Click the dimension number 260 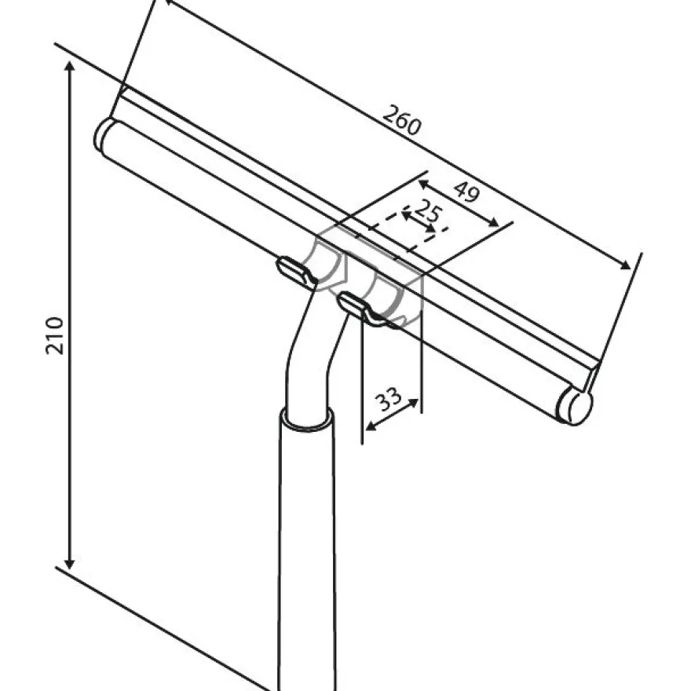pyautogui.click(x=401, y=120)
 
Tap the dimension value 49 pyautogui.click(x=466, y=192)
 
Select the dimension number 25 pyautogui.click(x=427, y=210)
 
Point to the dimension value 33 pyautogui.click(x=388, y=399)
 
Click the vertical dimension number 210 pyautogui.click(x=55, y=335)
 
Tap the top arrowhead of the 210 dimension pyautogui.click(x=69, y=67)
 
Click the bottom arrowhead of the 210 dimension pyautogui.click(x=69, y=564)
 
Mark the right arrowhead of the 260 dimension pyautogui.click(x=626, y=265)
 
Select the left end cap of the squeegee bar pyautogui.click(x=103, y=134)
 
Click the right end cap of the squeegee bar pyautogui.click(x=575, y=406)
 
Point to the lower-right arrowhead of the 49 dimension pyautogui.click(x=494, y=222)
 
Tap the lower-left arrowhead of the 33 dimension pyautogui.click(x=371, y=426)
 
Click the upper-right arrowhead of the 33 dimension pyautogui.click(x=413, y=402)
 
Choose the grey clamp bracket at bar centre pyautogui.click(x=369, y=278)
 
